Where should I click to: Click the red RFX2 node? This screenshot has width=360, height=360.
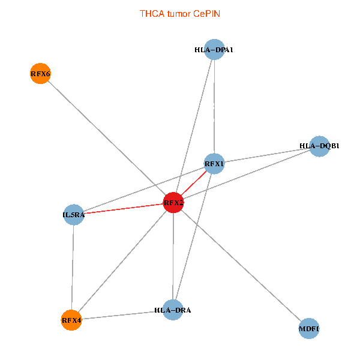173,203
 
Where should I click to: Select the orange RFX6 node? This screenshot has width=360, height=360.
40,73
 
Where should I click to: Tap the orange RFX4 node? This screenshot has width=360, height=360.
71,320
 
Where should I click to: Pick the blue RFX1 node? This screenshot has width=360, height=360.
214,164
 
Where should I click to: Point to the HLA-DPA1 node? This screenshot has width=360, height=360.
214,50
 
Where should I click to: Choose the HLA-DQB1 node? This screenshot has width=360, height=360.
319,146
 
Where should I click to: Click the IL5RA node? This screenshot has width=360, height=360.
74,215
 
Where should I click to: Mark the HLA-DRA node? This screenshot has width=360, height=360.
173,310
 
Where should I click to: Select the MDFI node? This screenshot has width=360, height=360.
309,329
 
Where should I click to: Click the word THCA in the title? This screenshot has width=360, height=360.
152,14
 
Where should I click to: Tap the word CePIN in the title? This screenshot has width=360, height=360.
206,14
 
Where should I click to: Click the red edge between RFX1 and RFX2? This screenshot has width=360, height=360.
194,183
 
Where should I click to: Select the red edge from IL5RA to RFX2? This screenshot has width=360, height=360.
124,209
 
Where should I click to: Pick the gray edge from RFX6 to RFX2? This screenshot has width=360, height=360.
107,138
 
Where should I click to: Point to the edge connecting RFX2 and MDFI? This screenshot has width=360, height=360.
241,266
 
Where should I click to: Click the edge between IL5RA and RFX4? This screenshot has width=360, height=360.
73,268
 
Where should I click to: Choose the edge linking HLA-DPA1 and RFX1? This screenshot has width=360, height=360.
214,107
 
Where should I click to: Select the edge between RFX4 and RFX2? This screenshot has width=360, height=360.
122,262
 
